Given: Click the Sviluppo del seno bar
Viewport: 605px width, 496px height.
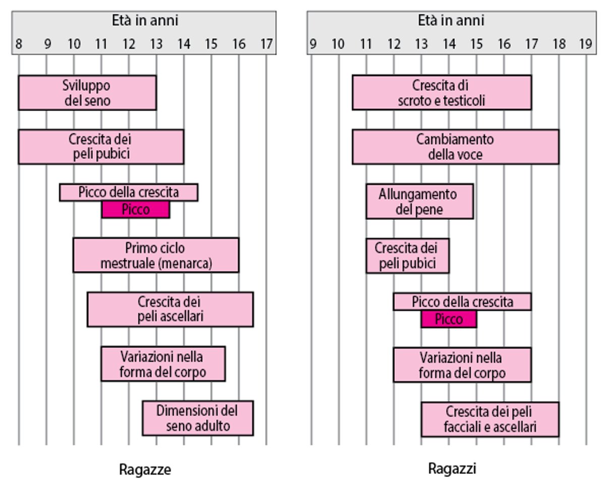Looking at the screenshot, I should coord(87,93).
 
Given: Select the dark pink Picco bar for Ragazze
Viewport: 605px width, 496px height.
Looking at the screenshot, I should coord(136,210).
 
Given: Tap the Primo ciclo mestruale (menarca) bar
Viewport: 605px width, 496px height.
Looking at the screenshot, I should coord(156,255).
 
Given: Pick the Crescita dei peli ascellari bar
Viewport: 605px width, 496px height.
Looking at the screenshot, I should coord(170,309).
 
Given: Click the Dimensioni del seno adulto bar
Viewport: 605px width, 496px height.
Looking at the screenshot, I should coord(198,418).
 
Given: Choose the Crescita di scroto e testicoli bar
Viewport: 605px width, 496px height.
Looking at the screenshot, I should coord(442,93).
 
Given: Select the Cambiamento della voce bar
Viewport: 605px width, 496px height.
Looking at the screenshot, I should coord(455,147).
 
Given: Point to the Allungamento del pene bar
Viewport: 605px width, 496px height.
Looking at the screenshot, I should coord(419,201).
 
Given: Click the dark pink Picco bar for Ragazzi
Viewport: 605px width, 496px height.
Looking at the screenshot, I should coord(449,319).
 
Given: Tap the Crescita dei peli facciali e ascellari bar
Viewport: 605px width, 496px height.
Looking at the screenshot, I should coord(490,419).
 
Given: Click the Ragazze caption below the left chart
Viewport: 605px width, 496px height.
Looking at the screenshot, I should coord(145,470).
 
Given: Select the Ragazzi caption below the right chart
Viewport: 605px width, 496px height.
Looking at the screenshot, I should coord(452,469).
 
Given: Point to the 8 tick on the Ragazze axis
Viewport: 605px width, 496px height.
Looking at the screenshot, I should coord(19,44).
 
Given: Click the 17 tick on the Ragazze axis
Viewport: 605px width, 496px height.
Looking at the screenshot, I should coord(267,44).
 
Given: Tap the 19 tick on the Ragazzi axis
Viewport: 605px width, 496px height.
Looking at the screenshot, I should coord(585,44).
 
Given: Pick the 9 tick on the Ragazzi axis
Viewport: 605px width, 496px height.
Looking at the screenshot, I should coord(312,44).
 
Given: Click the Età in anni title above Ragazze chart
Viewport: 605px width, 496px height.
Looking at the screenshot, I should coord(145,21).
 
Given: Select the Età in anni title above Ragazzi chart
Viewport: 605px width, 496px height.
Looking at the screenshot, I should coord(451,21).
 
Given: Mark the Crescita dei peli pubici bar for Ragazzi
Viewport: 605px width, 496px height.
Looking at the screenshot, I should coord(407,256).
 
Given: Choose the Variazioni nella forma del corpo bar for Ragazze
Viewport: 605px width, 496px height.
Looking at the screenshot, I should coord(163,364).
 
